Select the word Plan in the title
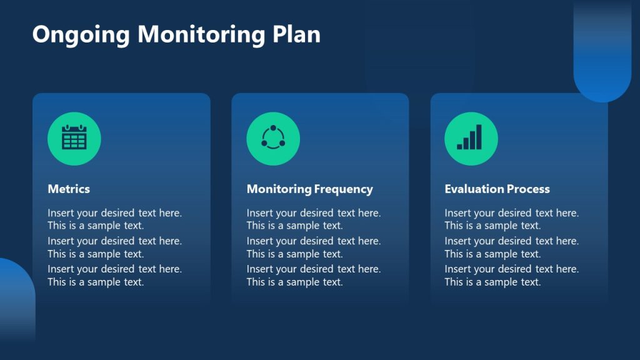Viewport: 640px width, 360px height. (x=296, y=34)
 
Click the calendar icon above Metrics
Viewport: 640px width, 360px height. (x=74, y=138)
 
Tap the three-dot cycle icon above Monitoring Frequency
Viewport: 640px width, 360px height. (x=273, y=138)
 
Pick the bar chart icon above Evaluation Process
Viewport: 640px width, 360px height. (x=471, y=138)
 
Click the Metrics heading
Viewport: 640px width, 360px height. (x=69, y=189)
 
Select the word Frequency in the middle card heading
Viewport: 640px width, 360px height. (x=343, y=189)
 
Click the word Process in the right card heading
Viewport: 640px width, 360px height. (x=529, y=189)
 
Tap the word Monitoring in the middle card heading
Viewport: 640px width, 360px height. (x=279, y=189)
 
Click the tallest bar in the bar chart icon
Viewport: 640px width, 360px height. (x=479, y=137)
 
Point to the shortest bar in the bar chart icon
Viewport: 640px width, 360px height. (x=460, y=146)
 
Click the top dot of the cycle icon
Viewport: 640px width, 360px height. (x=273, y=128)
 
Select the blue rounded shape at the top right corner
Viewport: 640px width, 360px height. (x=602, y=56)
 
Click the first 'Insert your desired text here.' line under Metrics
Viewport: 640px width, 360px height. (x=114, y=213)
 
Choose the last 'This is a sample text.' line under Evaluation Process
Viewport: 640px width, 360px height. (x=492, y=282)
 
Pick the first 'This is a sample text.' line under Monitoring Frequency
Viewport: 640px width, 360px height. (x=294, y=226)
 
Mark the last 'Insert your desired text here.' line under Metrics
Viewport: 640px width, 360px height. (x=114, y=269)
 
